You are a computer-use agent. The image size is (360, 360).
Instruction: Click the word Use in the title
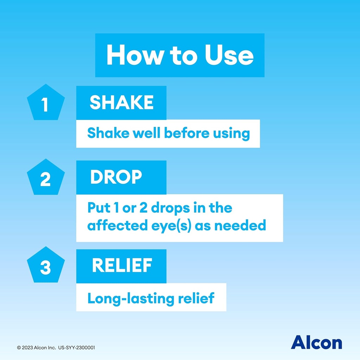pos(229,55)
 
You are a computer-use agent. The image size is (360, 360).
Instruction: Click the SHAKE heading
pos(121,103)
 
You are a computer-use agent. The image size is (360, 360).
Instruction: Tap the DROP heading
pos(116,178)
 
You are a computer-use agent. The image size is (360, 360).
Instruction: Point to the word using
pos(231,134)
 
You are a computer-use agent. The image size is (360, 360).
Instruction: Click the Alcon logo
pos(316,342)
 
